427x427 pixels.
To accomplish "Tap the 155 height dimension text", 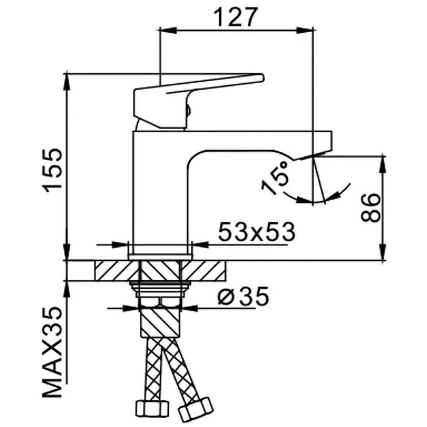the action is point(52,171).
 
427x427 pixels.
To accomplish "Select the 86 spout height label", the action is point(370,208).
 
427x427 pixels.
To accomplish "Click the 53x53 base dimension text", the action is point(257,232).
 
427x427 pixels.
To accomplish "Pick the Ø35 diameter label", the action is point(243,296).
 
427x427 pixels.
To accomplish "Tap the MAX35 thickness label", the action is point(52,353).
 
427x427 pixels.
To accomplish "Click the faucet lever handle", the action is point(199,101).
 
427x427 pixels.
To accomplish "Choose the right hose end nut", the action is point(195,409).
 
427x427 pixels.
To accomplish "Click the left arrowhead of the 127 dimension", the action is point(168,30).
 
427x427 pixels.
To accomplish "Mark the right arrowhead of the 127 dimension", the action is point(305,30).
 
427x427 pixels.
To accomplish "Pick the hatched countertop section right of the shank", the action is point(203,271).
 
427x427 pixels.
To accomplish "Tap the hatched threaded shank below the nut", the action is point(160,322).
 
